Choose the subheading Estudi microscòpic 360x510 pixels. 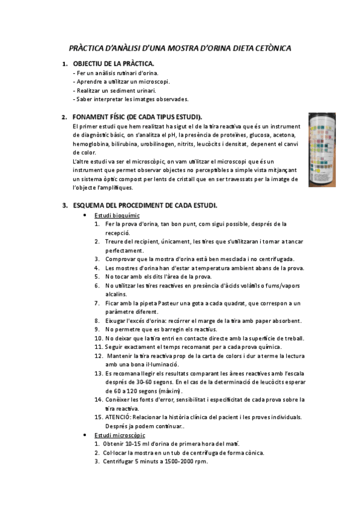(120, 435)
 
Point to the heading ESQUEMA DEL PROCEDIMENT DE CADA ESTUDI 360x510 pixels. (145, 205)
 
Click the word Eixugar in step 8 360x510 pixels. (118, 321)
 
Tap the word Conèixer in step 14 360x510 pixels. (120, 399)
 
